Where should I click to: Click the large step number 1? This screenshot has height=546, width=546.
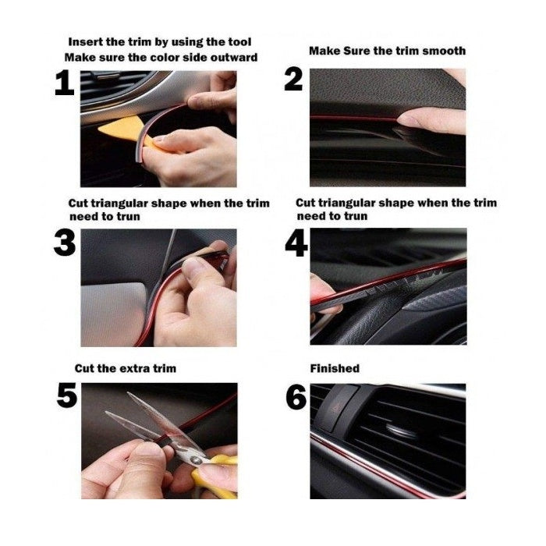pyautogui.click(x=65, y=83)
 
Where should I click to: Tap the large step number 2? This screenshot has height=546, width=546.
pyautogui.click(x=293, y=80)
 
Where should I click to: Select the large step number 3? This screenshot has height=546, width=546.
pyautogui.click(x=65, y=243)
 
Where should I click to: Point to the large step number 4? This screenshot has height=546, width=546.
pyautogui.click(x=296, y=243)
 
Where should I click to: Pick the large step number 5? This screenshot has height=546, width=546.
pyautogui.click(x=67, y=395)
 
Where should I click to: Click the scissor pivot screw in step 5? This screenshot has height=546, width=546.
pyautogui.click(x=196, y=460)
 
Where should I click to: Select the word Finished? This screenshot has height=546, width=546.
pyautogui.click(x=335, y=368)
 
